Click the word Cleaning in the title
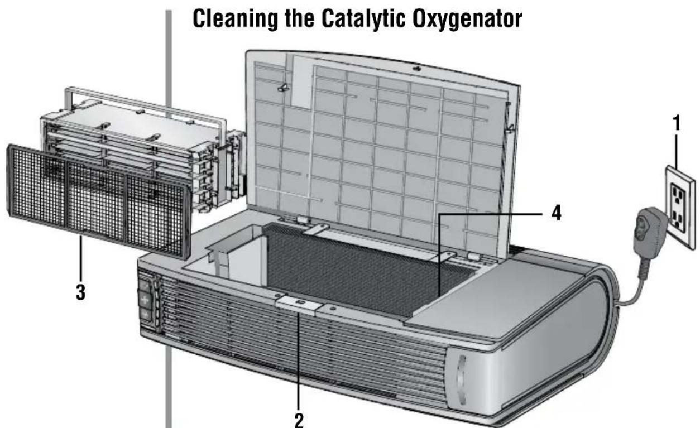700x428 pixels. tap(234, 20)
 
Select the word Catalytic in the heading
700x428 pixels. tap(363, 20)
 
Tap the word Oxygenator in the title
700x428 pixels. tap(467, 20)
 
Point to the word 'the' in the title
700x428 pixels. tap(299, 19)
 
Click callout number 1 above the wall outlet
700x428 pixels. tap(677, 123)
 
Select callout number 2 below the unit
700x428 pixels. tap(299, 420)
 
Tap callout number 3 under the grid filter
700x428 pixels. tap(80, 292)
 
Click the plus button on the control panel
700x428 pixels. tap(145, 300)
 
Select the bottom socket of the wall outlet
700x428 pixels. tap(679, 220)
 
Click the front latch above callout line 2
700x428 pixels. tap(299, 305)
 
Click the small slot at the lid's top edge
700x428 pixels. tap(417, 69)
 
